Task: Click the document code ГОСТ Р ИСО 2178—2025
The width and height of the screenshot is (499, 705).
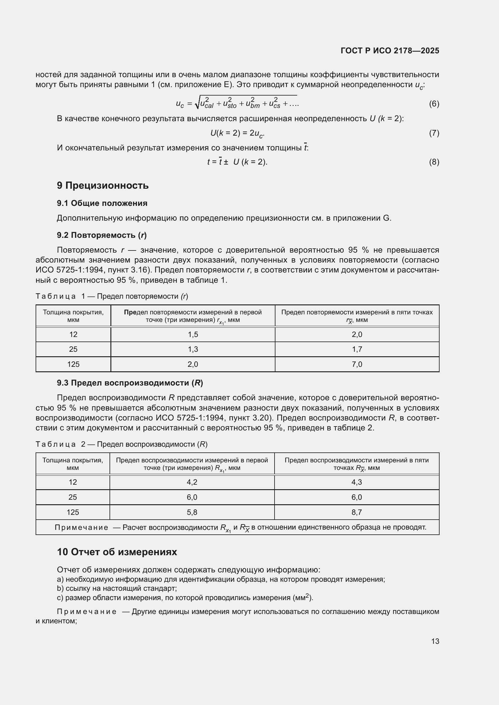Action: (x=389, y=51)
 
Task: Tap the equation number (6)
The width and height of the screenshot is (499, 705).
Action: (x=434, y=104)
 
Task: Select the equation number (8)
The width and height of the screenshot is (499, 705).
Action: (x=434, y=162)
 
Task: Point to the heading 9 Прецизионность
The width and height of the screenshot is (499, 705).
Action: (x=103, y=185)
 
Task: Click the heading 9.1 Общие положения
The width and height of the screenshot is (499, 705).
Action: (x=102, y=203)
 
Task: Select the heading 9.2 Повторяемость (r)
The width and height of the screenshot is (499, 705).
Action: (x=102, y=235)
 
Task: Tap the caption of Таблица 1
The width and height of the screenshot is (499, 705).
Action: (x=112, y=296)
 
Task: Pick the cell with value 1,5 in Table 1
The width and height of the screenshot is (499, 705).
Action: (x=193, y=334)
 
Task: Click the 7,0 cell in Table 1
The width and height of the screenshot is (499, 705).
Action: (x=357, y=364)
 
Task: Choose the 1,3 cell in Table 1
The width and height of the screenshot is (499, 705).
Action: (x=193, y=349)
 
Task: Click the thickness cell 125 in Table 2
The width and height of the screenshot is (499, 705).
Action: (x=73, y=512)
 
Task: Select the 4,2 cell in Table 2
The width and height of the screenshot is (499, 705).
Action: (x=192, y=482)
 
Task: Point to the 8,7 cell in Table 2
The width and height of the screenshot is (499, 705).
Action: (x=356, y=512)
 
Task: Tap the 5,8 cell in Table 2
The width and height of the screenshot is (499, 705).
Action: (x=192, y=512)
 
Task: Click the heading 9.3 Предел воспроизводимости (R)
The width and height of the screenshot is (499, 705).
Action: (x=130, y=383)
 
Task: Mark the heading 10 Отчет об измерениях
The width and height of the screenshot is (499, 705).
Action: (x=117, y=552)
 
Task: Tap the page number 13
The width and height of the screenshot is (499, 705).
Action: (x=435, y=641)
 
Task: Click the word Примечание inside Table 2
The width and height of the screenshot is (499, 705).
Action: (x=81, y=527)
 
